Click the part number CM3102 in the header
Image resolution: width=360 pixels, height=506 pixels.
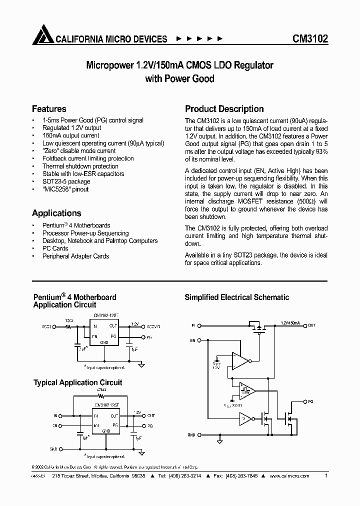(310, 39)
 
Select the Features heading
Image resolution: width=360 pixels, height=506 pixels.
(49, 109)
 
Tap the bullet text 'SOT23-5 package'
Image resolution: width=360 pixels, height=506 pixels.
(66, 181)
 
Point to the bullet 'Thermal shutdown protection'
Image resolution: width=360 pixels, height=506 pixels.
(80, 166)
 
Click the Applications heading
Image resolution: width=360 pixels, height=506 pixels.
(56, 213)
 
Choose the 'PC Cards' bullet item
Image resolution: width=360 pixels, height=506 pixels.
(55, 248)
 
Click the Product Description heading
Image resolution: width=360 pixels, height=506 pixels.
(224, 109)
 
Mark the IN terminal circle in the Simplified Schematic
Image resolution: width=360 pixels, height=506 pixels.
(199, 325)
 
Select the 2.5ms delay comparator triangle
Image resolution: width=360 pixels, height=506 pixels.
(246, 389)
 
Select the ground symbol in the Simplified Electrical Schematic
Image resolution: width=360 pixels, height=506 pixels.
(219, 441)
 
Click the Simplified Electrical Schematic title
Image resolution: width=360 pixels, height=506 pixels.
(237, 297)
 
